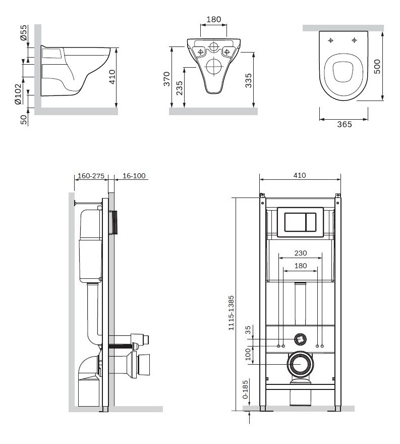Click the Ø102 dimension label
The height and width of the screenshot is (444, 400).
coord(18,94)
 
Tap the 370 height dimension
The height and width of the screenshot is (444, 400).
coord(167,79)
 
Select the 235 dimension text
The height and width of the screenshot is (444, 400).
coord(179,88)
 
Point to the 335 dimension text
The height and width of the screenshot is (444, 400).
coord(248,81)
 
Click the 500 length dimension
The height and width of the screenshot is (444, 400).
coord(377,67)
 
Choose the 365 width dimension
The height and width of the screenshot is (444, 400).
coord(345,124)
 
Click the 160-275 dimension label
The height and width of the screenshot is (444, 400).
coord(91,176)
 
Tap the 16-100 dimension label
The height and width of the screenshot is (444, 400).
coord(134,176)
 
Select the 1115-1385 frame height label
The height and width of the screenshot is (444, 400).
coord(231,313)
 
